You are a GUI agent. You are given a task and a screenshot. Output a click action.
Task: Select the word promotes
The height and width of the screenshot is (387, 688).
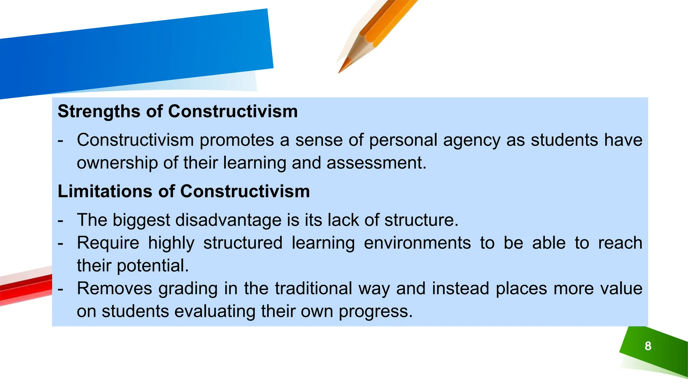[237, 140]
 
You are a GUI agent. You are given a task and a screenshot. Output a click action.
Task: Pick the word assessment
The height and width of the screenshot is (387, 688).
[376, 163]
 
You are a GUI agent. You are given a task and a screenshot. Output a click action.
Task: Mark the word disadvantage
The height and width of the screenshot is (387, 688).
[228, 220]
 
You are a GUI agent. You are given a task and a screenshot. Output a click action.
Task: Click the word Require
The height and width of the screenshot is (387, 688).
[108, 243]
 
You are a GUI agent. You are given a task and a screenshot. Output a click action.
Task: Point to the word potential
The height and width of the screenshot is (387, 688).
[153, 266]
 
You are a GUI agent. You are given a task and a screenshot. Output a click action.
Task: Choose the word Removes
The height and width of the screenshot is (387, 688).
[115, 289]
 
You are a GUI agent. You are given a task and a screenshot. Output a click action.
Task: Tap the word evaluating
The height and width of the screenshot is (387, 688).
[215, 312]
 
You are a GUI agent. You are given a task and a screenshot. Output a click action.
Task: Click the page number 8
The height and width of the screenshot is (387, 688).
[648, 346]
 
